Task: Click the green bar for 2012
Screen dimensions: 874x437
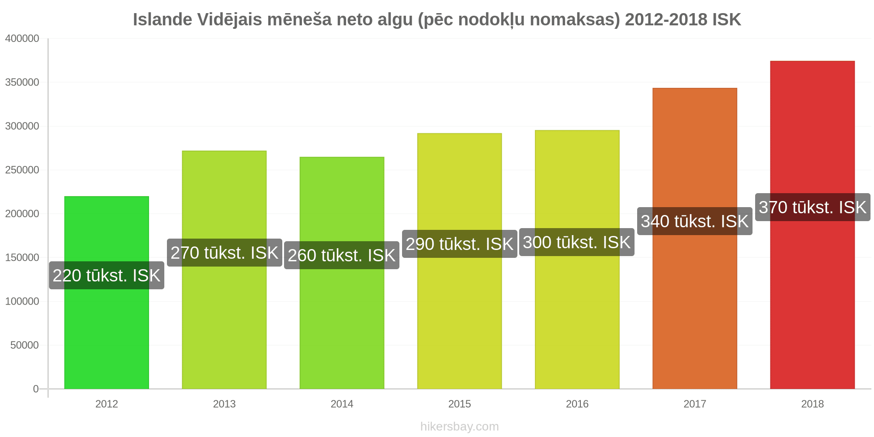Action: (107, 293)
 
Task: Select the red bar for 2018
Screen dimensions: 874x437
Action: (812, 225)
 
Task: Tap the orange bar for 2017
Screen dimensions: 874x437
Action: (695, 239)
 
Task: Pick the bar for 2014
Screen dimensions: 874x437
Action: (342, 273)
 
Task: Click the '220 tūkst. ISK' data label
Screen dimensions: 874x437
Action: (107, 275)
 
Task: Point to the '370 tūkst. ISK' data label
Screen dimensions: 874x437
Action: (812, 207)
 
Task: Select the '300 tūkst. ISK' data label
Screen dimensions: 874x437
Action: (577, 242)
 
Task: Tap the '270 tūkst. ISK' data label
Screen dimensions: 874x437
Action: (224, 253)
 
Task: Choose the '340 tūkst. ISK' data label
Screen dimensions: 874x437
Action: (695, 221)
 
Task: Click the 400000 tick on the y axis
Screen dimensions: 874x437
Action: (22, 38)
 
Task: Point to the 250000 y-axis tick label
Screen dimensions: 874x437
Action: (22, 170)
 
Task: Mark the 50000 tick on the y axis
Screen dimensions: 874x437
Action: (25, 345)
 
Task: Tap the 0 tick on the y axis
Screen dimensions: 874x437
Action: (36, 389)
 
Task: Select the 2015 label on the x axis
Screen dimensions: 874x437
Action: (460, 404)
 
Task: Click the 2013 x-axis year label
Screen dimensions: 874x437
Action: (224, 404)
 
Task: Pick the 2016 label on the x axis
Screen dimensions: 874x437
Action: (577, 404)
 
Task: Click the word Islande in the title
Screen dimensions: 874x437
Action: (163, 20)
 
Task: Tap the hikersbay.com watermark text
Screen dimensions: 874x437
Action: (460, 427)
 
